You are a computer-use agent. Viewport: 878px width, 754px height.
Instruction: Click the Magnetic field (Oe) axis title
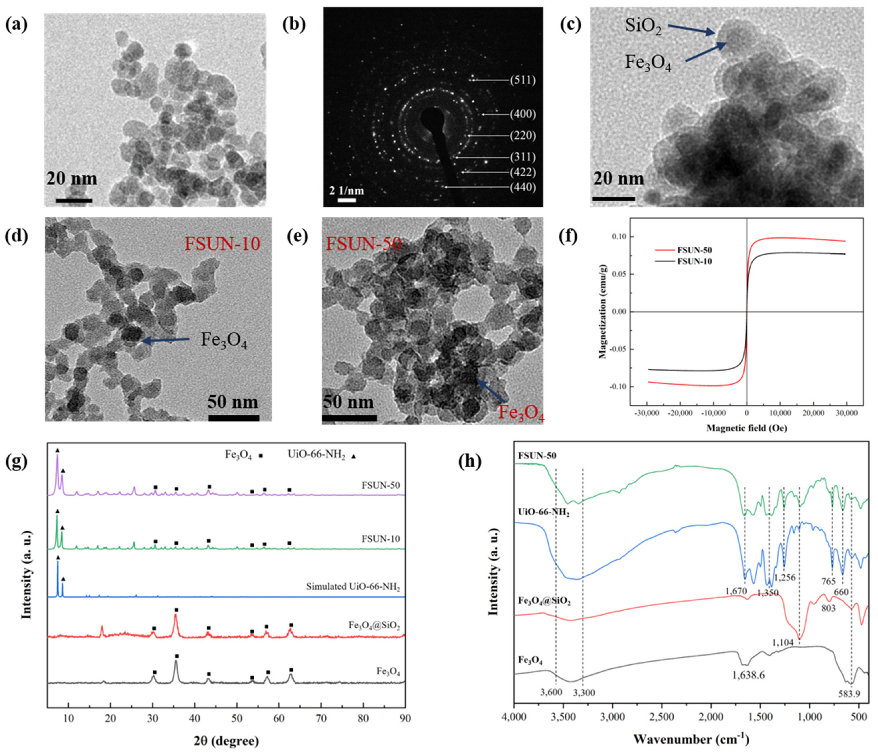(747, 428)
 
